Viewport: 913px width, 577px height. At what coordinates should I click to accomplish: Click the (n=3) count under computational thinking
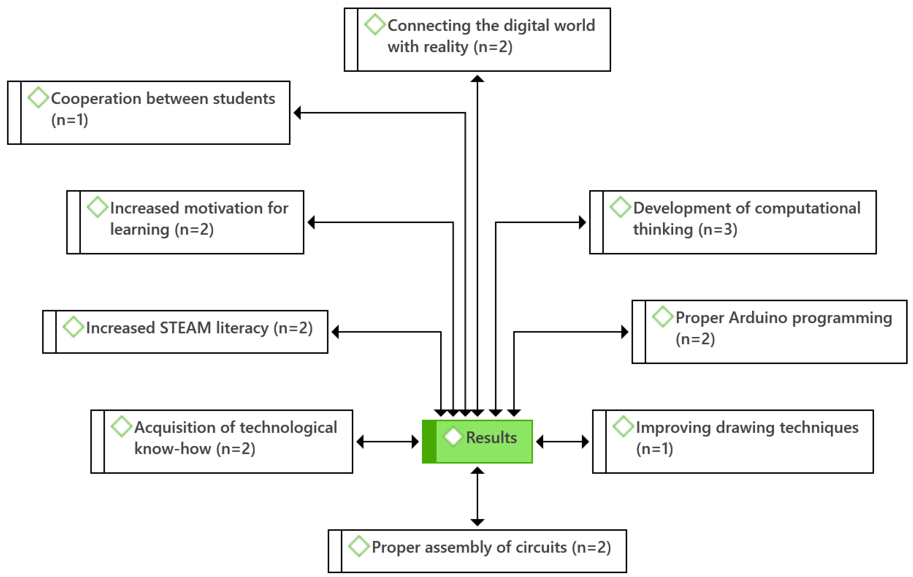click(x=718, y=229)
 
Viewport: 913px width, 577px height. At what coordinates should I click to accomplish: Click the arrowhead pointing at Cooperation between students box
click(x=298, y=113)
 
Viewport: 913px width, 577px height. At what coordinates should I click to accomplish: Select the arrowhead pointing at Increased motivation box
click(x=311, y=222)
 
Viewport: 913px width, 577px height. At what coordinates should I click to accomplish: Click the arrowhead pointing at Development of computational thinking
click(x=582, y=222)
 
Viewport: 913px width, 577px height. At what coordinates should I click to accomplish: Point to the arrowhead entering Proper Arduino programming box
click(x=624, y=332)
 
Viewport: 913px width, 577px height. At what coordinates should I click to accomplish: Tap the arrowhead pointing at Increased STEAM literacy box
click(x=335, y=332)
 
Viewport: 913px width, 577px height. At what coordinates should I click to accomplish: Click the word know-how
click(x=172, y=449)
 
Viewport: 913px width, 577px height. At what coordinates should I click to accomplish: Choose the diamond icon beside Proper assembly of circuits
click(x=359, y=546)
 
